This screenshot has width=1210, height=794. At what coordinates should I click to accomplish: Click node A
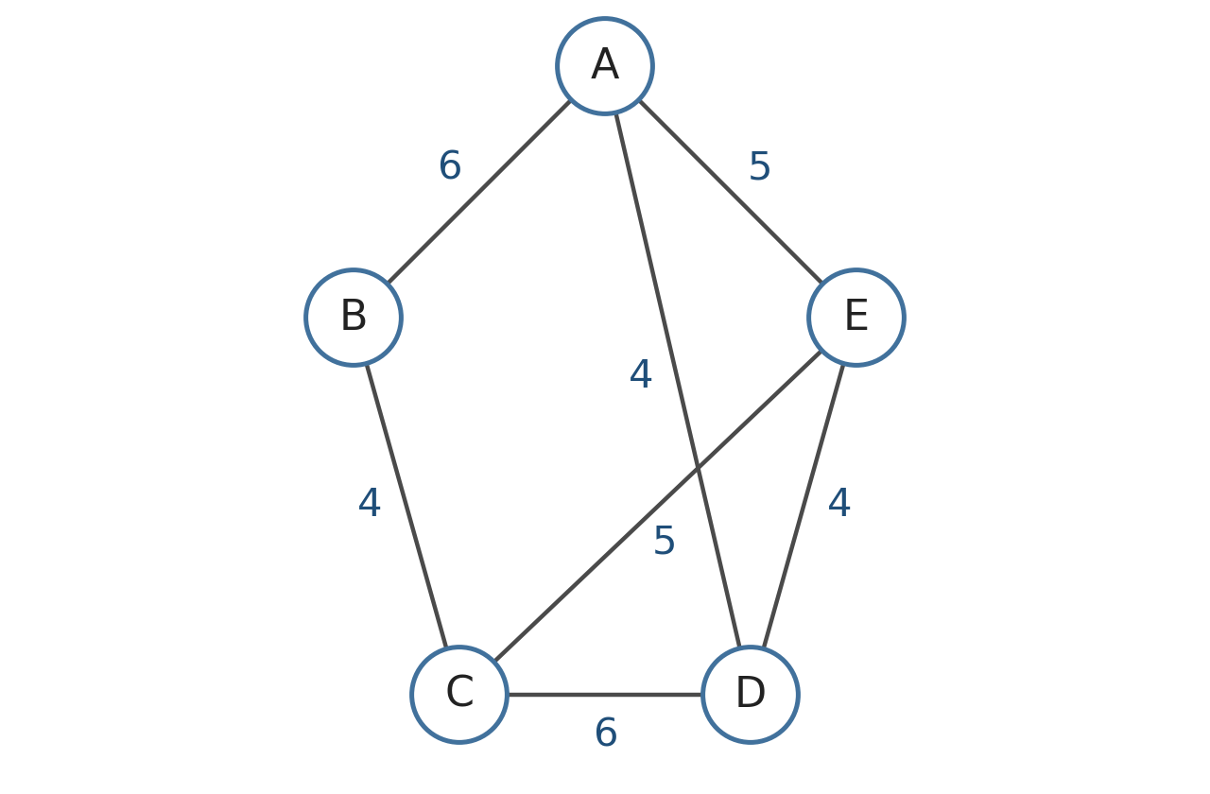pos(605,66)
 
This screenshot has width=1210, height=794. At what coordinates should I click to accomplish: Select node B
pos(354,318)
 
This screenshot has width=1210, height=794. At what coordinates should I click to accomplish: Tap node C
pos(459,695)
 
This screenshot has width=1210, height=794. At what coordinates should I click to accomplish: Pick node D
pos(751,695)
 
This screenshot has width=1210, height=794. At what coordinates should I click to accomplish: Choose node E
pos(856,318)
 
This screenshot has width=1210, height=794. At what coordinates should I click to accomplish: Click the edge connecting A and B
pos(479,192)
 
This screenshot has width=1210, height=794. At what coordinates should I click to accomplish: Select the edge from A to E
pos(731,192)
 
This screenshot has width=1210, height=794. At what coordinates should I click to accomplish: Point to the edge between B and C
pos(406,506)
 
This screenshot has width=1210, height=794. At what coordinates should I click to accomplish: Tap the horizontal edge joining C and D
pos(605,695)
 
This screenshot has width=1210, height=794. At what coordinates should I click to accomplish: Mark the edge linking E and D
pos(804,506)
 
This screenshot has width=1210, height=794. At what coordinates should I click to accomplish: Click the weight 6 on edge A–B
pos(450,165)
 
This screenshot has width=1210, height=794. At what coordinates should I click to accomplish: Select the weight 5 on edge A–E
pos(759,166)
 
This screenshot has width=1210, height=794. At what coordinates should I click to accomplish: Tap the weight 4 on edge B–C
pos(370,503)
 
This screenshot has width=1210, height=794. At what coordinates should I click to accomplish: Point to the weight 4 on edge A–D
pos(641,373)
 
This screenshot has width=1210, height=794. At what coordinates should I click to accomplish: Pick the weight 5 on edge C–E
pos(664,540)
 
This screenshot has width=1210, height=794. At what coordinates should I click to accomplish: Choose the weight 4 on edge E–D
pos(839,503)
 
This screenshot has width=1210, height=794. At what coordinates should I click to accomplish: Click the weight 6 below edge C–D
pos(606,733)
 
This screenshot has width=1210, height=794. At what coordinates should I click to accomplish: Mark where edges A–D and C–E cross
pos(698,467)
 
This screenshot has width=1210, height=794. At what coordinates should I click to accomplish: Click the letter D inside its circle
pos(751,693)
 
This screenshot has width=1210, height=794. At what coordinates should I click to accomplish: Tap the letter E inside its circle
pos(856,316)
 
